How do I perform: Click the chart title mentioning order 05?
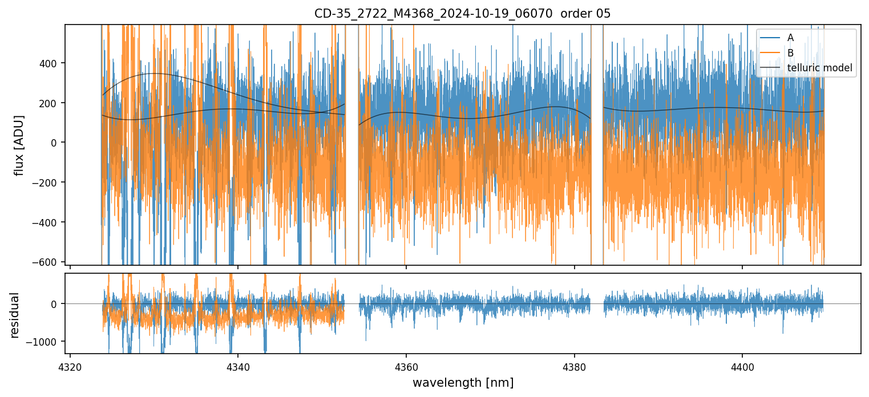coord(462,14)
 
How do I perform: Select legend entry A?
coord(790,38)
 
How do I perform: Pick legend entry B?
coord(790,53)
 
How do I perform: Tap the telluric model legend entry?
coord(819,68)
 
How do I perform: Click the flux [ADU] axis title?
coord(19,145)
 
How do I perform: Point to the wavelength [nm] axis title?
coord(463,383)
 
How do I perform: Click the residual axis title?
coord(14,315)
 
